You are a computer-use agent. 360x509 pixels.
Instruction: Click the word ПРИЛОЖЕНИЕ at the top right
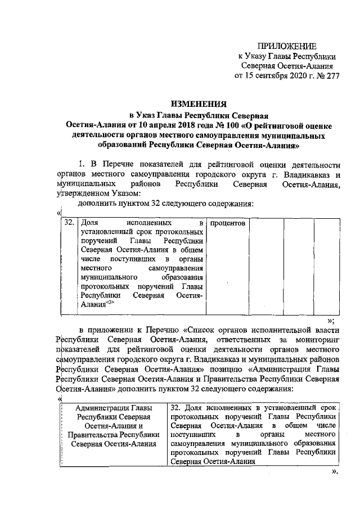(287, 46)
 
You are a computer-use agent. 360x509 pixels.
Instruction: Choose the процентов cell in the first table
(227, 223)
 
